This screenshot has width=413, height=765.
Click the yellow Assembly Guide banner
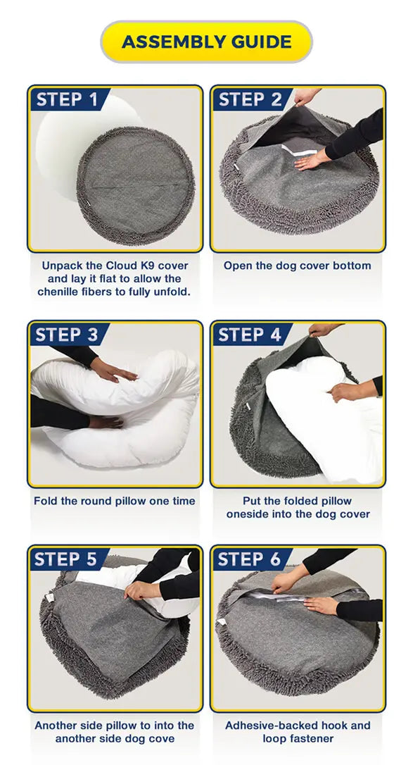(x=207, y=42)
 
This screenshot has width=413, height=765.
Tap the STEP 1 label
(x=68, y=99)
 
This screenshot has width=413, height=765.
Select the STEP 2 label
(x=250, y=99)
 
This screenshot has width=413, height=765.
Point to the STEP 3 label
(x=67, y=335)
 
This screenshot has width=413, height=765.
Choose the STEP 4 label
(x=250, y=335)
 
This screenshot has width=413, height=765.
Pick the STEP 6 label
(x=249, y=559)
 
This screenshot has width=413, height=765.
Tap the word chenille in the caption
(x=56, y=292)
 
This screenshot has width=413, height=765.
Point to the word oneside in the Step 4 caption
(x=246, y=514)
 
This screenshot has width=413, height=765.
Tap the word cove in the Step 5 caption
(x=163, y=739)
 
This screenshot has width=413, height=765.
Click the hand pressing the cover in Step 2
(x=312, y=159)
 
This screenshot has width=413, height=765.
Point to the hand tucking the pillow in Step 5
(x=142, y=590)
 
